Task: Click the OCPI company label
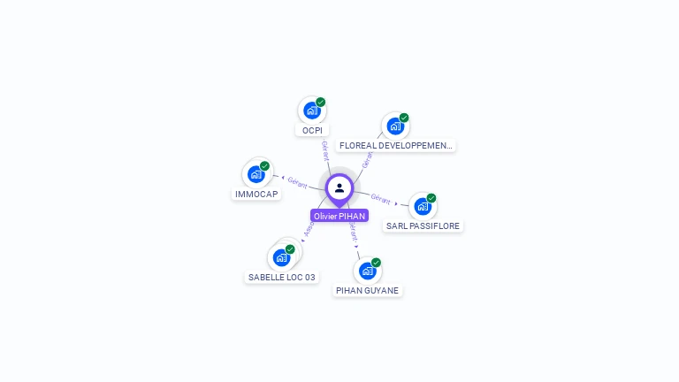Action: [311, 131]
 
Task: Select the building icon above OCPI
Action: [311, 111]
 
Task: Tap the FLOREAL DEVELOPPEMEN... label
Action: [396, 145]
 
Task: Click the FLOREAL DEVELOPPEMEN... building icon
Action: [395, 126]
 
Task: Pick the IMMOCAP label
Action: [256, 194]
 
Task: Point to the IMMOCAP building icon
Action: [256, 174]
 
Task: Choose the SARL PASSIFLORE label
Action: [423, 225]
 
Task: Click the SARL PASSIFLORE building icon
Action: [423, 206]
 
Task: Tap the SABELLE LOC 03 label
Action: [281, 277]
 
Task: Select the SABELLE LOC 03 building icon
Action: [282, 257]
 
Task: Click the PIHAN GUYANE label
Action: [367, 290]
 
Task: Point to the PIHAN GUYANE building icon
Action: [367, 271]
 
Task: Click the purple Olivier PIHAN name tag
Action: [339, 216]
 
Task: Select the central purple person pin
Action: [339, 187]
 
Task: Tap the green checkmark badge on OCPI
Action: [321, 102]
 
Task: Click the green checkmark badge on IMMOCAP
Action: [264, 166]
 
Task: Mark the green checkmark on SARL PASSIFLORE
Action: [431, 198]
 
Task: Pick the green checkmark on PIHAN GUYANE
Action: [376, 263]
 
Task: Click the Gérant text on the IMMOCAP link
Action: [297, 182]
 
